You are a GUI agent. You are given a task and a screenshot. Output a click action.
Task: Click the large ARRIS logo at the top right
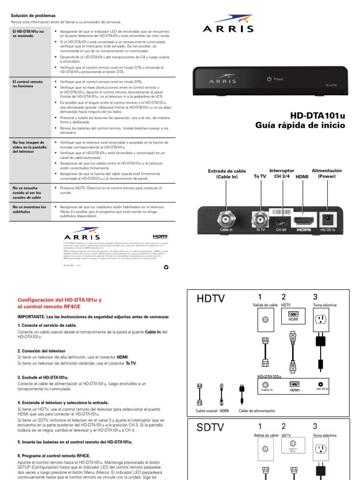(x=227, y=25)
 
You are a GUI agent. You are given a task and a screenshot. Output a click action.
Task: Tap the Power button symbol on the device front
(x=269, y=79)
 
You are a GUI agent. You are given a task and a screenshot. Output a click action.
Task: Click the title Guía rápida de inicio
(x=300, y=125)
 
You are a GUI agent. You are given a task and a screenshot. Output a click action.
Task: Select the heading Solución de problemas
(x=33, y=15)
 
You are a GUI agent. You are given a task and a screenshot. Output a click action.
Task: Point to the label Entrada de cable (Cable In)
(x=226, y=174)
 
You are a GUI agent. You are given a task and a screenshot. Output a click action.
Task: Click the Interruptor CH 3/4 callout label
(x=282, y=173)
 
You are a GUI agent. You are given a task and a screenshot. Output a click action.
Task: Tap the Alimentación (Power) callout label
(x=327, y=173)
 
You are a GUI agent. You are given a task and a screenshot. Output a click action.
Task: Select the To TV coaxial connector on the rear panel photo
(x=260, y=218)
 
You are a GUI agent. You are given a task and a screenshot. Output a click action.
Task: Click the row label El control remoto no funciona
(x=27, y=84)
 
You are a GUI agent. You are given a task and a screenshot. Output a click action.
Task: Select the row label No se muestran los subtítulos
(x=29, y=209)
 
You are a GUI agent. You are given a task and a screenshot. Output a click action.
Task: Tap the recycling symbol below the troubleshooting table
(x=165, y=268)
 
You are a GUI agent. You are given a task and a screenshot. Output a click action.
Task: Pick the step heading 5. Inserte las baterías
(x=75, y=442)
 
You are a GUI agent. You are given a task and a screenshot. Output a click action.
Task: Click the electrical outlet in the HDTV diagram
(x=321, y=320)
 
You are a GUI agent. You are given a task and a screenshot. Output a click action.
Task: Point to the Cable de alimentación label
(x=257, y=411)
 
